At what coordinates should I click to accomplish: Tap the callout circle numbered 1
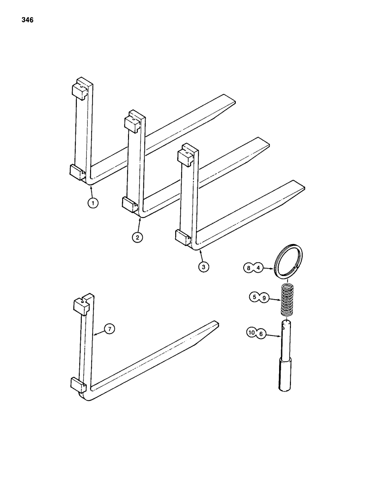93,203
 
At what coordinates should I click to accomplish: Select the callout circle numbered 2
137,237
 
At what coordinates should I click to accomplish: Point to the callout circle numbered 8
250,268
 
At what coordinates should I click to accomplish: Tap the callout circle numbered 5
254,297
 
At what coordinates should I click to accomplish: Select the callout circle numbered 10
252,334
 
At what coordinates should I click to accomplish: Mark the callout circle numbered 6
262,334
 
